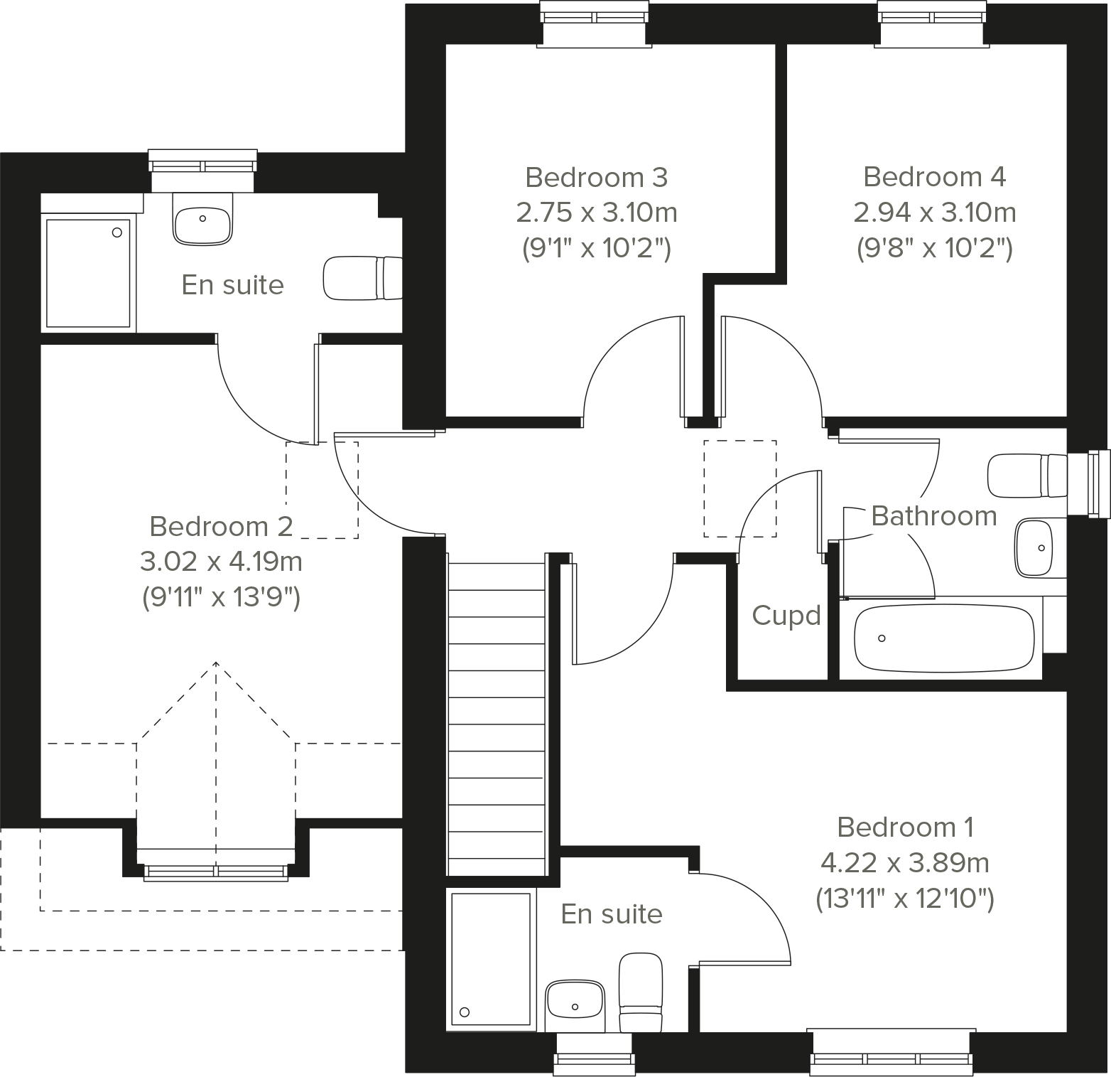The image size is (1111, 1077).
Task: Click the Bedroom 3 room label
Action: click(596, 177)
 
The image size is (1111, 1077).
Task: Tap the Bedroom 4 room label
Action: click(934, 176)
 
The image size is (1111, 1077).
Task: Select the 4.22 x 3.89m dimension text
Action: click(904, 863)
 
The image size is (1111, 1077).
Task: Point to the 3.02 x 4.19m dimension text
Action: click(221, 562)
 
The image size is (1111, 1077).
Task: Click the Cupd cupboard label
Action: click(786, 616)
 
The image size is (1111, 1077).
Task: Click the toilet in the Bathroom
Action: click(1026, 476)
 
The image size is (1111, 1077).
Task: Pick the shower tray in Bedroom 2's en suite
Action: click(88, 272)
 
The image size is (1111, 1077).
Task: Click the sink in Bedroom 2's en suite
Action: click(202, 218)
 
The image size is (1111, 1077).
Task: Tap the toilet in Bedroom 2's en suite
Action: click(362, 278)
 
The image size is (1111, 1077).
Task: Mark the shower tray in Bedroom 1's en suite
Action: click(491, 959)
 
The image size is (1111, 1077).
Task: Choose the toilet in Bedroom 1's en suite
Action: click(641, 992)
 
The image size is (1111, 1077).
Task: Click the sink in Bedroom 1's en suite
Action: click(575, 1007)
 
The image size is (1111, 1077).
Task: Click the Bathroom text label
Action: click(933, 516)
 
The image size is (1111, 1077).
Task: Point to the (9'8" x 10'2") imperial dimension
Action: click(934, 248)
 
